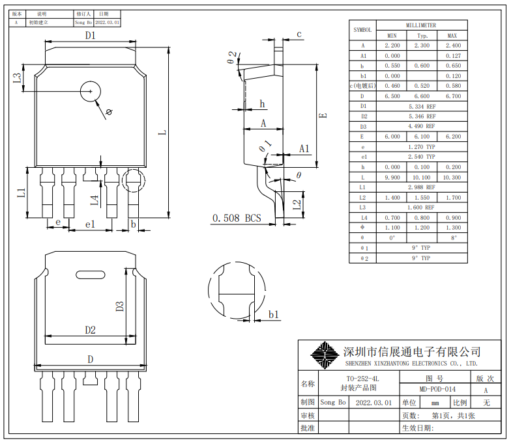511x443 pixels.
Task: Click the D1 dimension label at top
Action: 90,36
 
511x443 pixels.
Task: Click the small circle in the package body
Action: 90,92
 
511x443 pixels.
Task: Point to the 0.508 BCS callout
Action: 236,219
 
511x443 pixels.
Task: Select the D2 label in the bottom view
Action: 90,330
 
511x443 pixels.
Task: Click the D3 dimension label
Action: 120,305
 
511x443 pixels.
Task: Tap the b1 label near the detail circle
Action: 274,315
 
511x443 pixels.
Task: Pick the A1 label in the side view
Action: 304,149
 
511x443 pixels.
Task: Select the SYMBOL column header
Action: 362,30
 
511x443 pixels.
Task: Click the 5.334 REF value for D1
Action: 422,106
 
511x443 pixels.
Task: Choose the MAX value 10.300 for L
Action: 452,177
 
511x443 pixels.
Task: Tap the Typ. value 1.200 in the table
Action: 422,228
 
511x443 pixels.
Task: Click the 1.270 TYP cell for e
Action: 422,146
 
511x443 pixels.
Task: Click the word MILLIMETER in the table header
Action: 422,25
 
